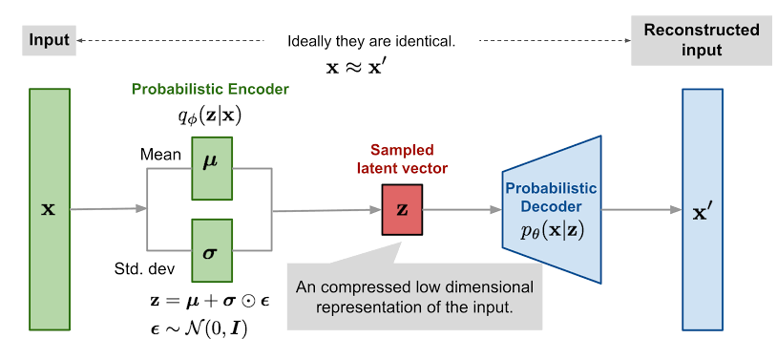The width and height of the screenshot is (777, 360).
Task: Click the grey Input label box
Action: tap(49, 41)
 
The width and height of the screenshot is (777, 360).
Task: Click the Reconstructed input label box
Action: tap(702, 41)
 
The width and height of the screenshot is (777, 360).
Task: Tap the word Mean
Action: tap(160, 151)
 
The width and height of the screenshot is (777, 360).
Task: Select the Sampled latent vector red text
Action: tap(402, 159)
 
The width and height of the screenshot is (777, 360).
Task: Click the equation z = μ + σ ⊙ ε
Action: tap(211, 303)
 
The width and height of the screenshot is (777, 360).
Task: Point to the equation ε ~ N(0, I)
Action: tap(211, 329)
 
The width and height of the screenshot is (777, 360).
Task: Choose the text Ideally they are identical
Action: tap(371, 42)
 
